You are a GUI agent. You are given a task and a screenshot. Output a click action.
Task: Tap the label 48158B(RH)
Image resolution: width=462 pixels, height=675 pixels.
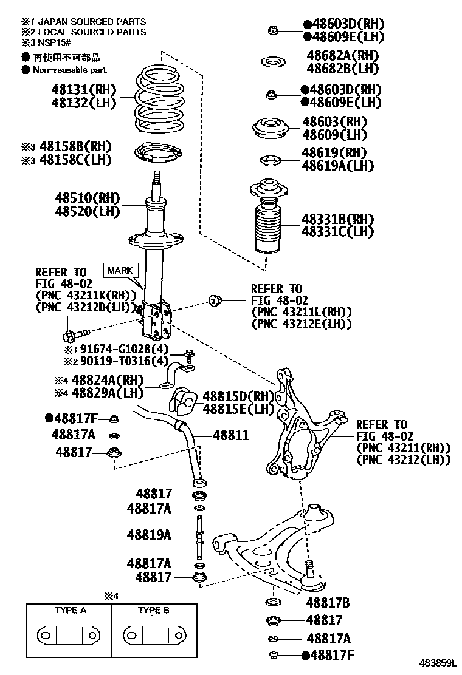pos(76,147)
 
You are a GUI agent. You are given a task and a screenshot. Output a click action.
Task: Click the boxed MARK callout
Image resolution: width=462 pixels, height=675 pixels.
pos(120,270)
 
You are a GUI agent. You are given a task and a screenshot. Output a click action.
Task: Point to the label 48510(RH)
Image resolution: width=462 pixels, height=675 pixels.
pos(88,198)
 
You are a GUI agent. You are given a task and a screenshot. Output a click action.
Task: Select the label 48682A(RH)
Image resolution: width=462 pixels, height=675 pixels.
pos(343,56)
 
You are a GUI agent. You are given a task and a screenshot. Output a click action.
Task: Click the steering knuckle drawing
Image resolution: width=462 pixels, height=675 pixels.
pos(299,425)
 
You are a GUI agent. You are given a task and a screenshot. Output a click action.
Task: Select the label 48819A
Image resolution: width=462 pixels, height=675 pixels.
pos(149,535)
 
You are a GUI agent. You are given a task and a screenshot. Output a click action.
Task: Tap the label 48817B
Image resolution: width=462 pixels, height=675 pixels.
pos(328,603)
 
